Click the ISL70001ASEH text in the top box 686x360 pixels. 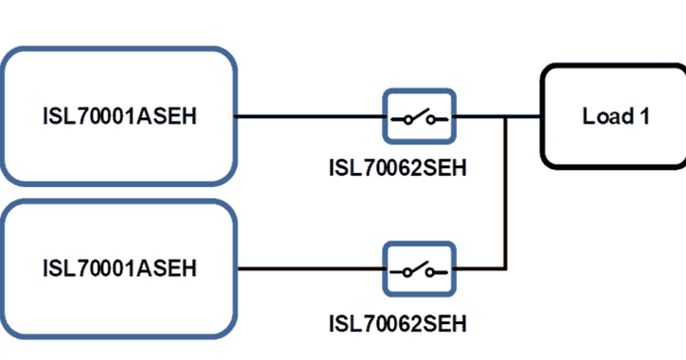(x=119, y=117)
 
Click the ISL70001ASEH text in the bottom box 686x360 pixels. (x=119, y=267)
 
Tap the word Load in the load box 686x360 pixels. (x=601, y=117)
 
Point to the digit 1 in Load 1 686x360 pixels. (x=644, y=117)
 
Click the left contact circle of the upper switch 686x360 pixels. (x=407, y=119)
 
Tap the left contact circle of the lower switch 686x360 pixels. (x=407, y=272)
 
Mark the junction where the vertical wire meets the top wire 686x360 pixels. (x=505, y=117)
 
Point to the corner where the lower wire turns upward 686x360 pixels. (x=505, y=268)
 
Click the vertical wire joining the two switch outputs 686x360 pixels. (x=505, y=194)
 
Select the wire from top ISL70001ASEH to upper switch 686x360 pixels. (x=309, y=117)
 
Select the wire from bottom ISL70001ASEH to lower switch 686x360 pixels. (x=309, y=268)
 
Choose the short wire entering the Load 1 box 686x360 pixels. (x=523, y=117)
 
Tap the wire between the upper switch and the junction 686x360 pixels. (x=479, y=117)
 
